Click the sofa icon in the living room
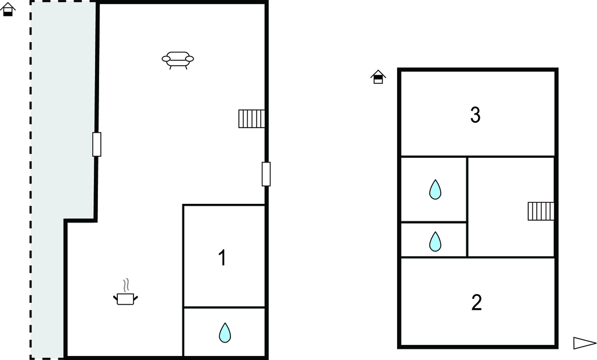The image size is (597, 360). [x=178, y=60]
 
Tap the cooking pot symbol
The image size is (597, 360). [x=125, y=299]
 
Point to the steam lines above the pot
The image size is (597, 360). [x=127, y=285]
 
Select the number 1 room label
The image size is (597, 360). [x=222, y=257]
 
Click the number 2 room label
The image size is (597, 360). [x=476, y=302]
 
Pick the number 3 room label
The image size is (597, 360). [x=475, y=115]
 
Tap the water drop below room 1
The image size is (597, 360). [x=224, y=333]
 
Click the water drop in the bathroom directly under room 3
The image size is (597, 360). [x=435, y=189]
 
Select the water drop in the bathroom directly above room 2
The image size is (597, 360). [x=435, y=241]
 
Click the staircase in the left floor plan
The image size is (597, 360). [x=252, y=119]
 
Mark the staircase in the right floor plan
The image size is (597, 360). [x=540, y=211]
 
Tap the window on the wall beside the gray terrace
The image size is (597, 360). [x=97, y=144]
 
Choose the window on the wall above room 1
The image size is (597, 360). [x=266, y=174]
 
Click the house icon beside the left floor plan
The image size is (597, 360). [x=8, y=9]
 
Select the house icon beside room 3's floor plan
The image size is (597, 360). [x=378, y=77]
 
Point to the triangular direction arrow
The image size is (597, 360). [x=584, y=343]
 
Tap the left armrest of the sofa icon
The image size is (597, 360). [x=166, y=59]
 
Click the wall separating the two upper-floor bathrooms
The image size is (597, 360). [x=434, y=222]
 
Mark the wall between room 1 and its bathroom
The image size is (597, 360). [x=224, y=307]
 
